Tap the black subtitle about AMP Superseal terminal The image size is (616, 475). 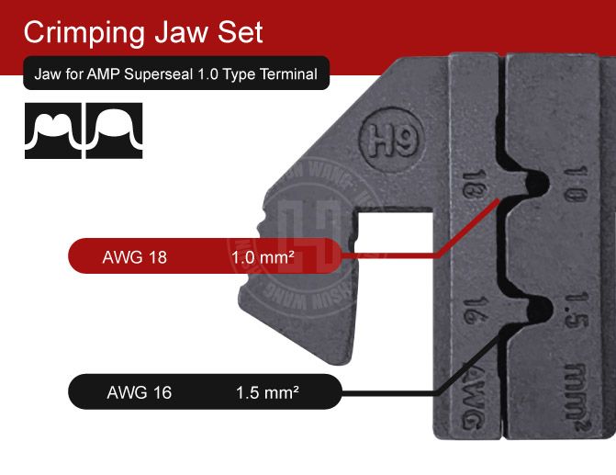[175, 74]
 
